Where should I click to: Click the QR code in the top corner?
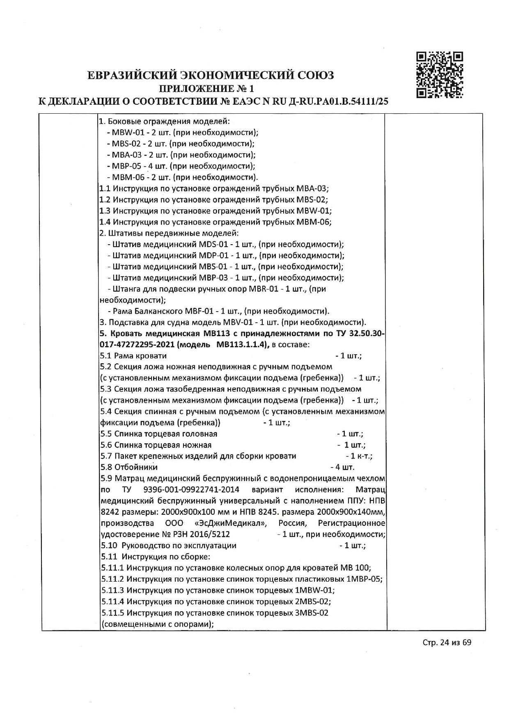tap(440, 75)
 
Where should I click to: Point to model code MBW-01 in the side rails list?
tap(124, 133)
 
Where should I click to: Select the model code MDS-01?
tap(212, 245)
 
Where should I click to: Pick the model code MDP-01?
tap(212, 256)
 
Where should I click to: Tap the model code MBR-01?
tap(263, 289)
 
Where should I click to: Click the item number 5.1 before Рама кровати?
tap(105, 356)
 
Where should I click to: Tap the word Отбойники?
tap(136, 467)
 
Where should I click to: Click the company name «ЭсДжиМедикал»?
tap(231, 523)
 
